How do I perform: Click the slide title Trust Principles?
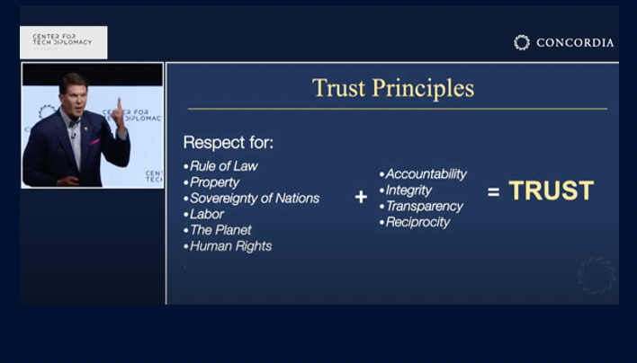coord(392,88)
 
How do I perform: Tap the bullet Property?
coord(216,181)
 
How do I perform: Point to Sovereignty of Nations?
coord(254,198)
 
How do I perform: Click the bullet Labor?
coord(207,214)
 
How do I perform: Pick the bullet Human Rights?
coord(230,246)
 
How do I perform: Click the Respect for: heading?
coord(229,143)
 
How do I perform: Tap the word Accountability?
coord(426,173)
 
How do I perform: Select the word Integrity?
coord(408,190)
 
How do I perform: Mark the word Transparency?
coord(424,206)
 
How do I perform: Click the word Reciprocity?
coord(417,222)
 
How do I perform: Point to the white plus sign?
coord(361,197)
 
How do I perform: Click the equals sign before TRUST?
coord(493,191)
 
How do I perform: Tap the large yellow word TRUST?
coord(551,190)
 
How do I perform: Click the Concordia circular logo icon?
coord(522,42)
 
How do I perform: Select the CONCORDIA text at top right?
coord(574,42)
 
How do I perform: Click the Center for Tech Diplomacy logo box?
coord(63,41)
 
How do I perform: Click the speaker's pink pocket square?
coord(94,141)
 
